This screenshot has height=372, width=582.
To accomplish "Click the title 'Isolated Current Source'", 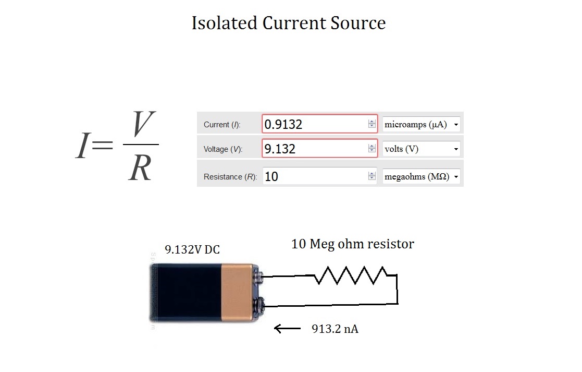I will pos(289,23).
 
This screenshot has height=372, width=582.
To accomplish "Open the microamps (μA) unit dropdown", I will pos(422,124).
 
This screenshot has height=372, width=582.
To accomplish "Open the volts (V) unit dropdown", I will pos(422,149).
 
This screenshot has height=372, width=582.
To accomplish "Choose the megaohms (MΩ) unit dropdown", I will pos(422,176).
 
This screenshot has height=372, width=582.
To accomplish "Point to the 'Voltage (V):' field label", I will pos(223,149).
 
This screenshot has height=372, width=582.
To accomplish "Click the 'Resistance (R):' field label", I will pos(230,177).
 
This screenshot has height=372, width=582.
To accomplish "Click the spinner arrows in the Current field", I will pos(372,124).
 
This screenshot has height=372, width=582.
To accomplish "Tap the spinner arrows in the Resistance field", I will pos(372,176).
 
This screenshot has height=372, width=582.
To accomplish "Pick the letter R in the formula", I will pos(140,167).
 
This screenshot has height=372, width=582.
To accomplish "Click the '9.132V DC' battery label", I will pos(192,249).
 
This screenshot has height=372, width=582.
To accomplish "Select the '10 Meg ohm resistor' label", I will pos(352,244).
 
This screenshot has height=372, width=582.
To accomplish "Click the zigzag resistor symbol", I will pos(350,275).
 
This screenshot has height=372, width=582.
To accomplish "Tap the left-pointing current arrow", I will pos(287,328).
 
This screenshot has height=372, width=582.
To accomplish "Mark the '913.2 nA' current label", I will pos(335,329).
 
